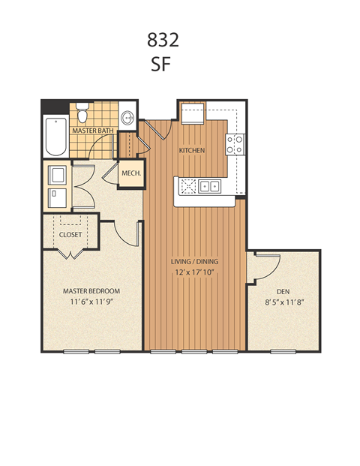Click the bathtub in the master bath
tap(55, 134)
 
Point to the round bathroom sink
tap(128, 118)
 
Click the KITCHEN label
tap(192, 151)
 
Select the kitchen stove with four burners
tap(235, 143)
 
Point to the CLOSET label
tap(70, 234)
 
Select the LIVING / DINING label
tap(194, 262)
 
